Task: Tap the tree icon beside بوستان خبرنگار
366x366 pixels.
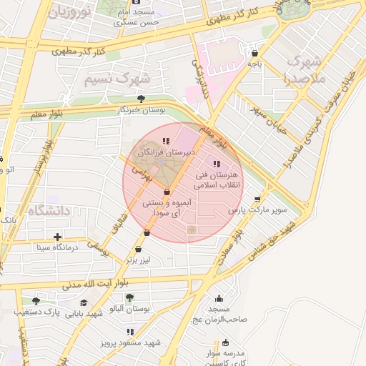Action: tap(140, 99)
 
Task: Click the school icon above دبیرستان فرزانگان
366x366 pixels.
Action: tap(166, 142)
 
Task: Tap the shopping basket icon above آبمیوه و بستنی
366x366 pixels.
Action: tap(167, 192)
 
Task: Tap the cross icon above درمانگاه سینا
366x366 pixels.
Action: tap(57, 236)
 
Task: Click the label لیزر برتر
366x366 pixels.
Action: tap(137, 260)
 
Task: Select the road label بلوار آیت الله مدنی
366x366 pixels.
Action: tap(79, 284)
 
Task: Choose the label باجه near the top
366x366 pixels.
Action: tap(254, 64)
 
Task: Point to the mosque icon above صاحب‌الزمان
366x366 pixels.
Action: tap(219, 298)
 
